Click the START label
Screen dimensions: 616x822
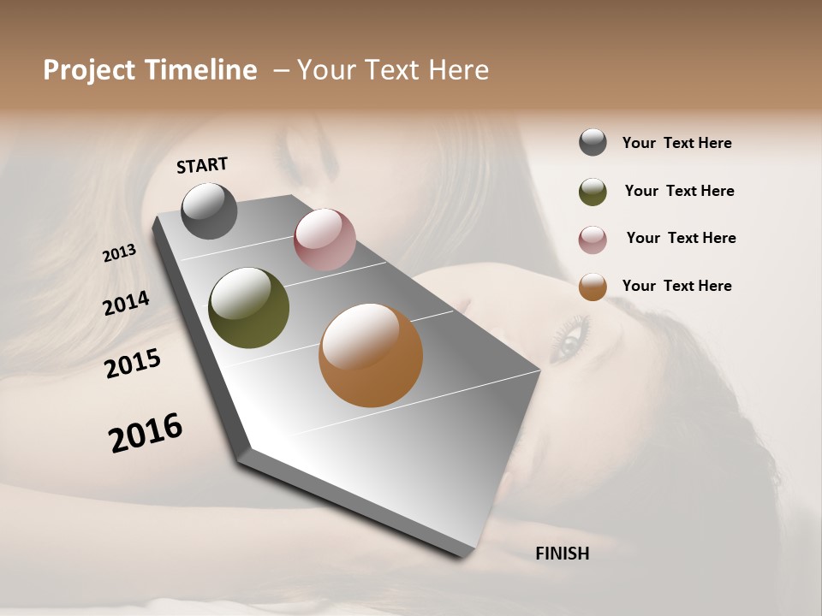tap(202, 165)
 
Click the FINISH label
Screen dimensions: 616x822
tap(562, 554)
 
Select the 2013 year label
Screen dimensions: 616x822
tap(119, 253)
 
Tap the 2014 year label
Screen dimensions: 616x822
tap(126, 303)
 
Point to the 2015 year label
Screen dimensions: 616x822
tap(133, 364)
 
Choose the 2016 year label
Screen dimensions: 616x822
tap(146, 433)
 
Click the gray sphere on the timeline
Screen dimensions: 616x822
tap(209, 210)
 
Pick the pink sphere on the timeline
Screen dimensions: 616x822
tap(325, 240)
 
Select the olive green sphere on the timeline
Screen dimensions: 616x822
tap(248, 308)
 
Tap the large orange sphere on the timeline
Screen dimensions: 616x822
tap(371, 355)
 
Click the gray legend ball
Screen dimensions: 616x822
tap(593, 143)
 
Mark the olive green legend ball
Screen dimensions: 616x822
tap(593, 192)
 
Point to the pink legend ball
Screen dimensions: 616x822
tap(593, 240)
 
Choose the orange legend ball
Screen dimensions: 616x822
tap(593, 287)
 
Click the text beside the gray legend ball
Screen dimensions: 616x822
tap(676, 143)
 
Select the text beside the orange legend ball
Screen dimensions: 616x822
tap(676, 286)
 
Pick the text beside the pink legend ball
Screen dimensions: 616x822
tap(681, 238)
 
